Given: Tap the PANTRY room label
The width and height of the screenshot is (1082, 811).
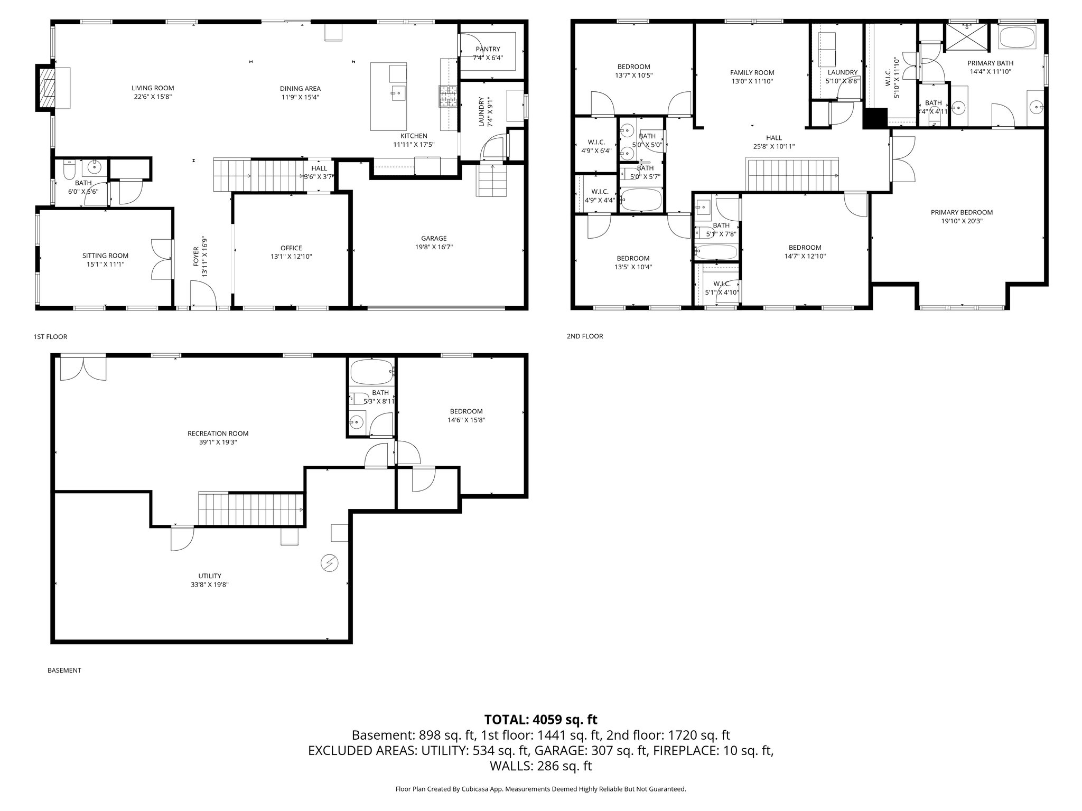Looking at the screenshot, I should coord(487,49).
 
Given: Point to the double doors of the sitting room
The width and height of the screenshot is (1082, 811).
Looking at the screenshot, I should coord(161,259).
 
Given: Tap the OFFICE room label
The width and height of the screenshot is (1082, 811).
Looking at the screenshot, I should coord(291,248).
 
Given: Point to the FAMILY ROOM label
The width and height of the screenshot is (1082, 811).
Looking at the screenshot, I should coord(752,73).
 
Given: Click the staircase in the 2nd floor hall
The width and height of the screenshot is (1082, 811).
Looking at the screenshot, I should coord(792,174).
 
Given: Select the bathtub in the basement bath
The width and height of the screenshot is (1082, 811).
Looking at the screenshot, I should coord(371,372).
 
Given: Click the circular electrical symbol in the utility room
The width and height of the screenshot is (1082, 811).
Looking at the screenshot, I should coord(329,563).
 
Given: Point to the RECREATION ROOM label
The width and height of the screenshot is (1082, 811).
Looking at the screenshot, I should coord(218,433).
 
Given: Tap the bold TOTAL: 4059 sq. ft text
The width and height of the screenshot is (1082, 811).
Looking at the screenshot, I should coord(540,719).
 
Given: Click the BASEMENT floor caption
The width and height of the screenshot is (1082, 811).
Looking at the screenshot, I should coord(64,670).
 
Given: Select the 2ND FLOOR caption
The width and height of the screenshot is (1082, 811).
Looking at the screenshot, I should coord(584,336).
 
